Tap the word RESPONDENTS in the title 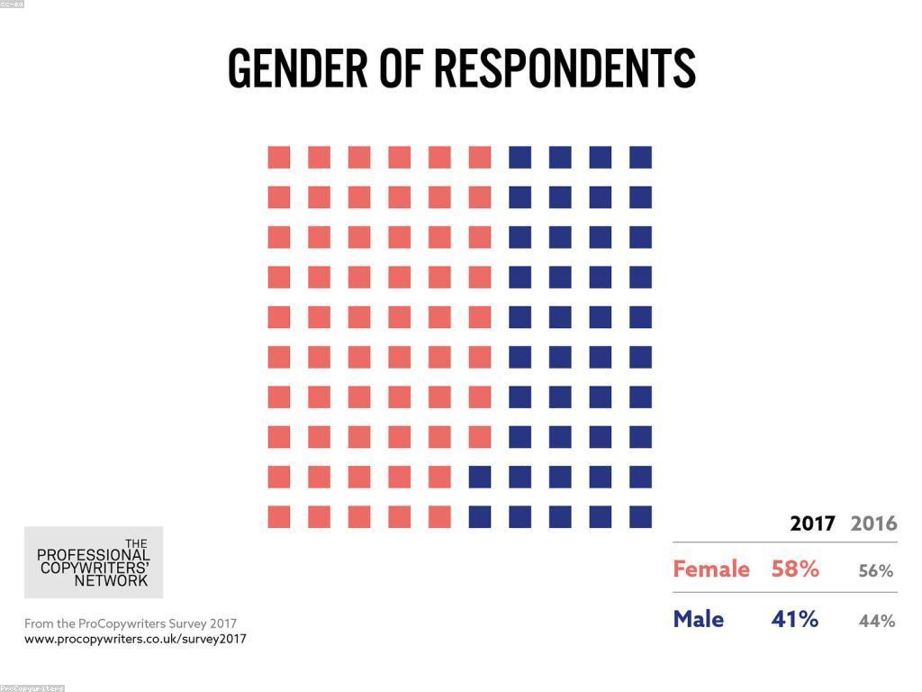565,68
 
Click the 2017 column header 812,524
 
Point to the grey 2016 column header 873,524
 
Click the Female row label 711,569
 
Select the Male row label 699,620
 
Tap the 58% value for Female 795,569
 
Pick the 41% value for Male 795,620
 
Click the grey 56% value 875,571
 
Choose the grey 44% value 876,621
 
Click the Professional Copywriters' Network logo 94,562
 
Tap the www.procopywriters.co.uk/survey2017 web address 135,639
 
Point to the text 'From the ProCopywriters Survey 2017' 131,624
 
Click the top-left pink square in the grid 279,157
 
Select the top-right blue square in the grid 640,157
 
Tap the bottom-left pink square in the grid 279,516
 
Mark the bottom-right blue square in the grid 640,516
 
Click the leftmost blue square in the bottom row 480,516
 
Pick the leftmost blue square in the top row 520,157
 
